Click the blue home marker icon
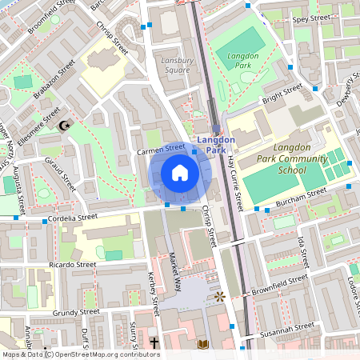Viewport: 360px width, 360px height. (x=180, y=173)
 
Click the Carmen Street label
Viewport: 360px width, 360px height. (x=160, y=148)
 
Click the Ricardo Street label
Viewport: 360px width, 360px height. (x=72, y=264)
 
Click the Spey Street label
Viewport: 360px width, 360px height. (x=311, y=18)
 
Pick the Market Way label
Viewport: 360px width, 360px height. (x=174, y=271)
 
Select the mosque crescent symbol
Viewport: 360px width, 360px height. (x=65, y=126)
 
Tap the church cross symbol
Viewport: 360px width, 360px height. (x=153, y=342)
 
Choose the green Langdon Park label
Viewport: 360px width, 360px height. (x=243, y=61)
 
